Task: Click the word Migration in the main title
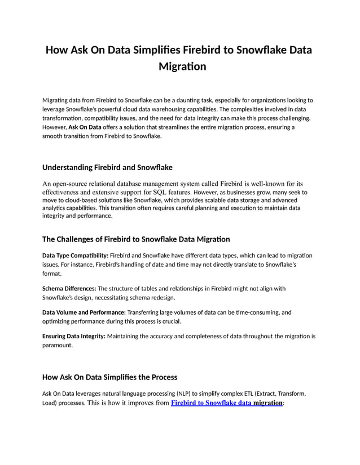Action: pyautogui.click(x=179, y=66)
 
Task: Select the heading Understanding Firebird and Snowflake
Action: pyautogui.click(x=107, y=167)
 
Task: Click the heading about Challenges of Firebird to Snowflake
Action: pyautogui.click(x=136, y=239)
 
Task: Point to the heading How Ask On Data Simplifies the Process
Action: pyautogui.click(x=110, y=377)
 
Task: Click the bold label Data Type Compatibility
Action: pyautogui.click(x=75, y=256)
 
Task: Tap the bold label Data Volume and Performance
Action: pyautogui.click(x=84, y=312)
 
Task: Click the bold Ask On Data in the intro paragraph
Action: pyautogui.click(x=85, y=127)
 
